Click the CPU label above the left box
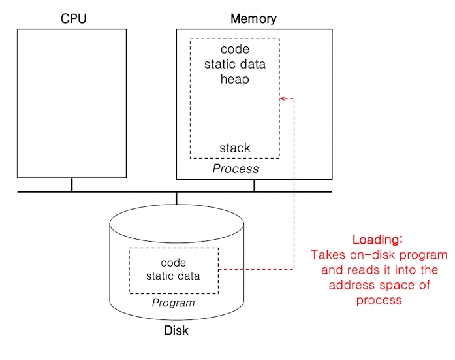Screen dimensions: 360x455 [x=73, y=19]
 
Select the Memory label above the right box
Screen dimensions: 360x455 [x=253, y=19]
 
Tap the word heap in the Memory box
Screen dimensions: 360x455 [x=234, y=79]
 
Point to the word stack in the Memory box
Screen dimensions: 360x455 [x=234, y=148]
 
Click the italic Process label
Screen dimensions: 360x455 [x=236, y=169]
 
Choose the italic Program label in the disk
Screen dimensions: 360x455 [x=173, y=303]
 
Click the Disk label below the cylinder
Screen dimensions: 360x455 [x=176, y=331]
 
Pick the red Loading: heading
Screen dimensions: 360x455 [x=378, y=239]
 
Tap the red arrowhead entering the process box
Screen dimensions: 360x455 [x=283, y=99]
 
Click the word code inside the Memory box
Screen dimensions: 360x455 [x=234, y=50]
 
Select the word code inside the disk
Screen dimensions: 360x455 [x=173, y=263]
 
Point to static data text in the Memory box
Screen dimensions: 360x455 [x=234, y=65]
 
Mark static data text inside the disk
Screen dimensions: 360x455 [x=173, y=276]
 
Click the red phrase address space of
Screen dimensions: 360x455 [x=379, y=285]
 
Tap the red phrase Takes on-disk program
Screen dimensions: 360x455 [x=379, y=255]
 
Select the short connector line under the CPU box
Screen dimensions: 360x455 [x=72, y=185]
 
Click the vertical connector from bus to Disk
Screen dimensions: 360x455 [x=176, y=199]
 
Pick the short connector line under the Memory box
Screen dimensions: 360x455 [x=254, y=185]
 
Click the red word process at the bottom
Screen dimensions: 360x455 [x=379, y=300]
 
